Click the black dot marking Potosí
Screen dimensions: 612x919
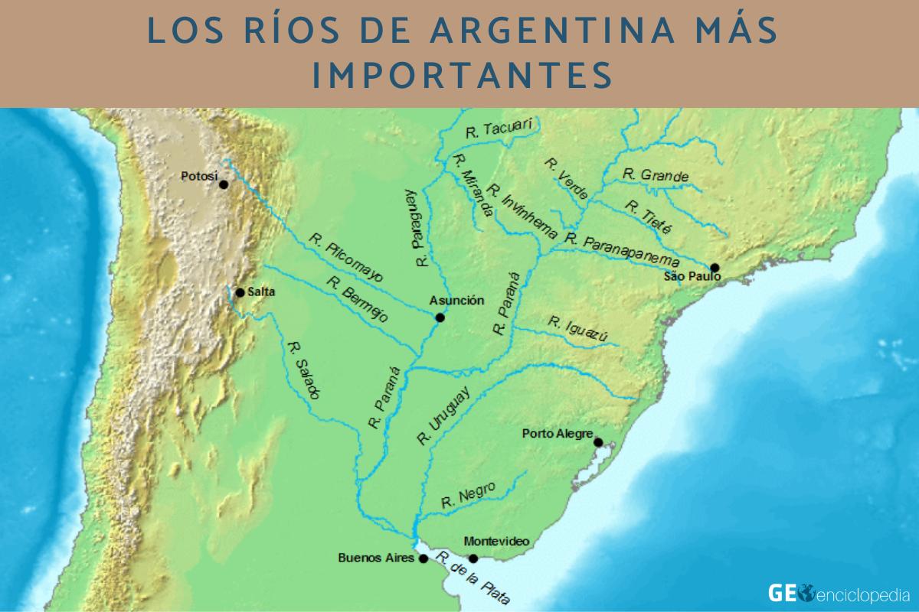[x=224, y=184]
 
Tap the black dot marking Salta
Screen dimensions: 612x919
[x=240, y=292]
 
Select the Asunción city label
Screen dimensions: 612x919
[x=456, y=301]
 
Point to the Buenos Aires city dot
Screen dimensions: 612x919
[x=424, y=559]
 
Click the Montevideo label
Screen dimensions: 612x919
[x=496, y=541]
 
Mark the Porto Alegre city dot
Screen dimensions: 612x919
[x=598, y=441]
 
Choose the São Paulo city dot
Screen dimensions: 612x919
[x=715, y=267]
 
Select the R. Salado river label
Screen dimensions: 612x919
[x=303, y=369]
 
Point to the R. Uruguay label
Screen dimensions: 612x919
[x=443, y=415]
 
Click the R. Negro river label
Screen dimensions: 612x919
[x=468, y=496]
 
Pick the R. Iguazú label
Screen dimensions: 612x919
[x=577, y=330]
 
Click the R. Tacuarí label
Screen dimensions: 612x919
[x=499, y=128]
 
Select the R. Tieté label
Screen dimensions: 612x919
[x=648, y=217]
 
